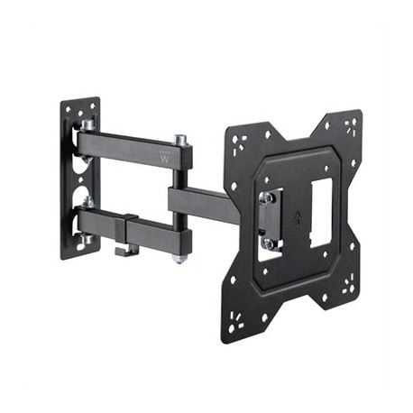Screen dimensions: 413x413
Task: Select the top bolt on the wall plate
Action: pyautogui.click(x=87, y=125)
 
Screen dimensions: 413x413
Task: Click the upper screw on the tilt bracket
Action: pyautogui.click(x=268, y=197)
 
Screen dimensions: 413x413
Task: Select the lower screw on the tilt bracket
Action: pyautogui.click(x=268, y=243)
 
